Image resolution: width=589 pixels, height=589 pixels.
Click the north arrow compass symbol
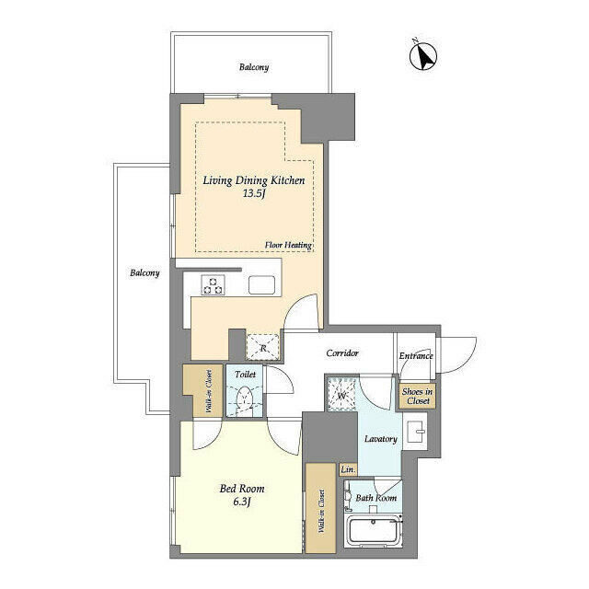click(422, 56)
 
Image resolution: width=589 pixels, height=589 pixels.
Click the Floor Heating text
click(289, 246)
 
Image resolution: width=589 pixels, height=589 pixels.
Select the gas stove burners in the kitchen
click(214, 285)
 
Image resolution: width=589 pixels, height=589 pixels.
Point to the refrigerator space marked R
click(263, 345)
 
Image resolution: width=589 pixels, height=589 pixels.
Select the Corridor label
click(341, 353)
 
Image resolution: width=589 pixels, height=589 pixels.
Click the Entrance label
click(416, 355)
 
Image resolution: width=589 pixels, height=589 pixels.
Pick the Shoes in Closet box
click(417, 396)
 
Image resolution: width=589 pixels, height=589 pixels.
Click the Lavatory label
click(379, 439)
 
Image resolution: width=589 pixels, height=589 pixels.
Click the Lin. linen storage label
click(348, 470)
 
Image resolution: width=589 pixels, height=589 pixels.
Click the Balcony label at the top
click(254, 68)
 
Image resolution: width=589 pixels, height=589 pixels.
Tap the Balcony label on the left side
click(144, 272)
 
